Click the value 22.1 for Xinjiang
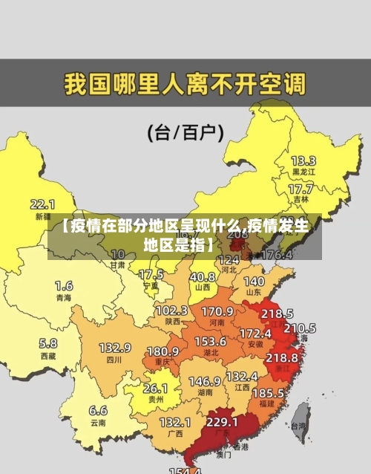(42, 204)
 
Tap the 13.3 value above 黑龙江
(303, 160)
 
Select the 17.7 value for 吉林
(301, 189)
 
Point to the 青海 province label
(64, 297)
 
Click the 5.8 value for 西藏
(47, 343)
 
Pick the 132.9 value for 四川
(115, 348)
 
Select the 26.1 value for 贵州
(155, 388)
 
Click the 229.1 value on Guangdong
(222, 422)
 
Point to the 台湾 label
(298, 426)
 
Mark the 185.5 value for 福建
(267, 392)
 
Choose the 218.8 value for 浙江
(281, 357)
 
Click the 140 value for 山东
(254, 282)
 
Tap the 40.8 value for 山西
(202, 276)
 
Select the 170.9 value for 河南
(217, 311)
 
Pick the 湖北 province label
(210, 352)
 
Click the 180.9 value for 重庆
(163, 351)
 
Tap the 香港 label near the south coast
(240, 447)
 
